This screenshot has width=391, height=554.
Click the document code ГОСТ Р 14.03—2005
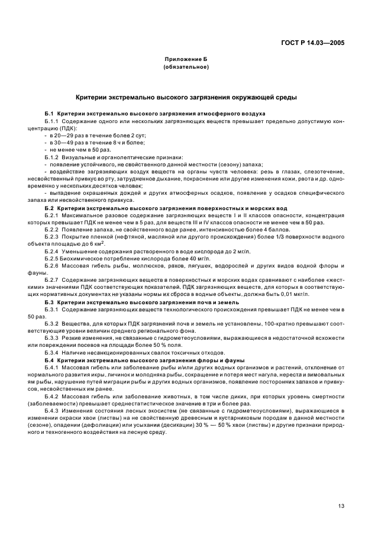tap(317, 43)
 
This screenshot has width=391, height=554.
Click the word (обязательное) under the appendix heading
tap(186, 67)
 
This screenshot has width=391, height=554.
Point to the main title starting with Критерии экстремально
tap(186, 96)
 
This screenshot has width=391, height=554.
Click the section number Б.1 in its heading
tap(49, 112)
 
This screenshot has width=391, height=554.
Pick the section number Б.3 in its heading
tap(49, 302)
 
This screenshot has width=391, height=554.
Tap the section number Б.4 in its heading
tap(49, 360)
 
